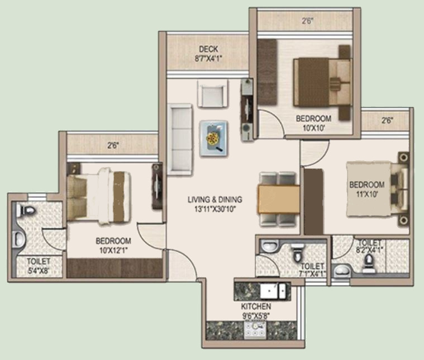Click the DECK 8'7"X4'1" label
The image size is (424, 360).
point(207,53)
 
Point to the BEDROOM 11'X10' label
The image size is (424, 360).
point(366,189)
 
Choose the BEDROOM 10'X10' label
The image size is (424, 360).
point(313,122)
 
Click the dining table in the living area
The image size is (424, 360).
point(276,198)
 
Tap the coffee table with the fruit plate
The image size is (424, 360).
point(213,138)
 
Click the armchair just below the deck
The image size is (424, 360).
point(212,93)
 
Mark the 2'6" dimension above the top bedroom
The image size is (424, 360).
point(307,22)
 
